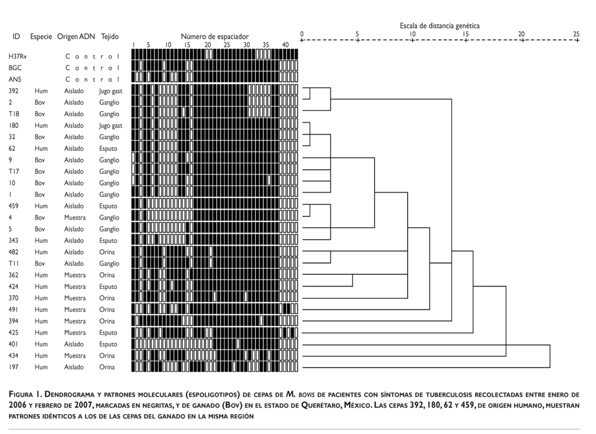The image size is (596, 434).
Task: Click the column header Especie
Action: (41, 36)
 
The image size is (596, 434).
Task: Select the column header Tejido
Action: (109, 36)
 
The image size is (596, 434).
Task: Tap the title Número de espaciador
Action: (215, 36)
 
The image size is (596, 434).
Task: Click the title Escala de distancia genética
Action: (439, 26)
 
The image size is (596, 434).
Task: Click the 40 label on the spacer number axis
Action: (285, 45)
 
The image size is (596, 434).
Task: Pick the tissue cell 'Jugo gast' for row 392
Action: (110, 91)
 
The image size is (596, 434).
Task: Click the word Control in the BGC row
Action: (92, 68)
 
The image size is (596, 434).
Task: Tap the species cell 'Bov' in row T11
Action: (39, 264)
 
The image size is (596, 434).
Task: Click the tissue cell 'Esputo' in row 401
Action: (109, 344)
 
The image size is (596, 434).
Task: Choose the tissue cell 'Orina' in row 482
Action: (107, 252)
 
